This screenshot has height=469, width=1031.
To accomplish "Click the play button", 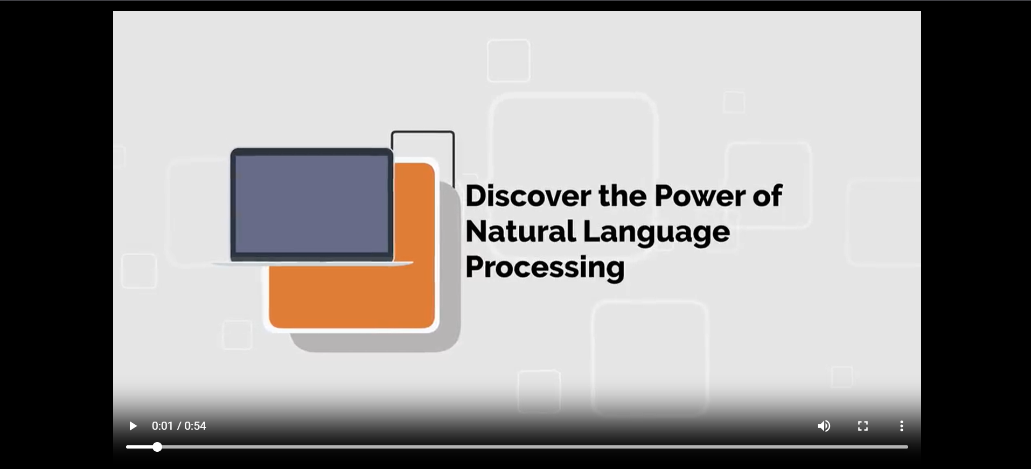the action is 133,426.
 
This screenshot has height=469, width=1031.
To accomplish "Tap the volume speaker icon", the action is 824,426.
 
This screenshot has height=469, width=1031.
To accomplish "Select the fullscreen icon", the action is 863,426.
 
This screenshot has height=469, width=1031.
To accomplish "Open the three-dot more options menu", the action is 902,426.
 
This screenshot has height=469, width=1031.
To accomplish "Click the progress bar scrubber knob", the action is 157,447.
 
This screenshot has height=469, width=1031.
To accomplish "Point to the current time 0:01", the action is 162,426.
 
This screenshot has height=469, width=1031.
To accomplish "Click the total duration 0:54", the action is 195,426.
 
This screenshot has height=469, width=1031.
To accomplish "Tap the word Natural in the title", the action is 520,232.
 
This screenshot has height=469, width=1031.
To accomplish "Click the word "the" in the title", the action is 623,195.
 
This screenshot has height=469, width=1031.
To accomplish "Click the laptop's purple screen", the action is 311,204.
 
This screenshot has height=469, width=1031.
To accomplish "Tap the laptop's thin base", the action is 312,264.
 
